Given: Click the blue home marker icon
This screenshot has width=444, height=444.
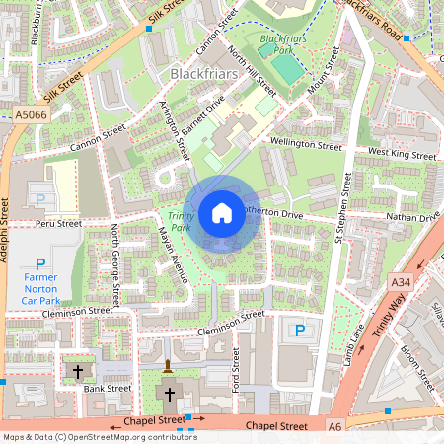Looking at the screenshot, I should click(x=222, y=212).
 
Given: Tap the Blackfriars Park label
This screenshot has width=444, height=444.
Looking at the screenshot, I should click(x=276, y=44).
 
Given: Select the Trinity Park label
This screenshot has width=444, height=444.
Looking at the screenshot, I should click(x=180, y=221).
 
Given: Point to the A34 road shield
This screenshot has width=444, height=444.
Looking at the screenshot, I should click(x=400, y=282).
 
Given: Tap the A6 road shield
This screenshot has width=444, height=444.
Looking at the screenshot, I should click(x=334, y=425).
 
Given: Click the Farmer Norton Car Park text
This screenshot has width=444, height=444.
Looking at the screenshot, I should click(x=40, y=287).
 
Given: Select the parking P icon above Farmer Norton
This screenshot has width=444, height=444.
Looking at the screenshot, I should click(x=40, y=263).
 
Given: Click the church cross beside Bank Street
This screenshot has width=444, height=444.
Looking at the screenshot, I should click(x=78, y=371).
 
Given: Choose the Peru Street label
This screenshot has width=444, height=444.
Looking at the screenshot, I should click(x=56, y=224).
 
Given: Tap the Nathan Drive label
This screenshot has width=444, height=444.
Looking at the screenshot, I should click(x=413, y=216).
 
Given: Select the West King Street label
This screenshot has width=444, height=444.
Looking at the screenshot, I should click(x=402, y=154).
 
